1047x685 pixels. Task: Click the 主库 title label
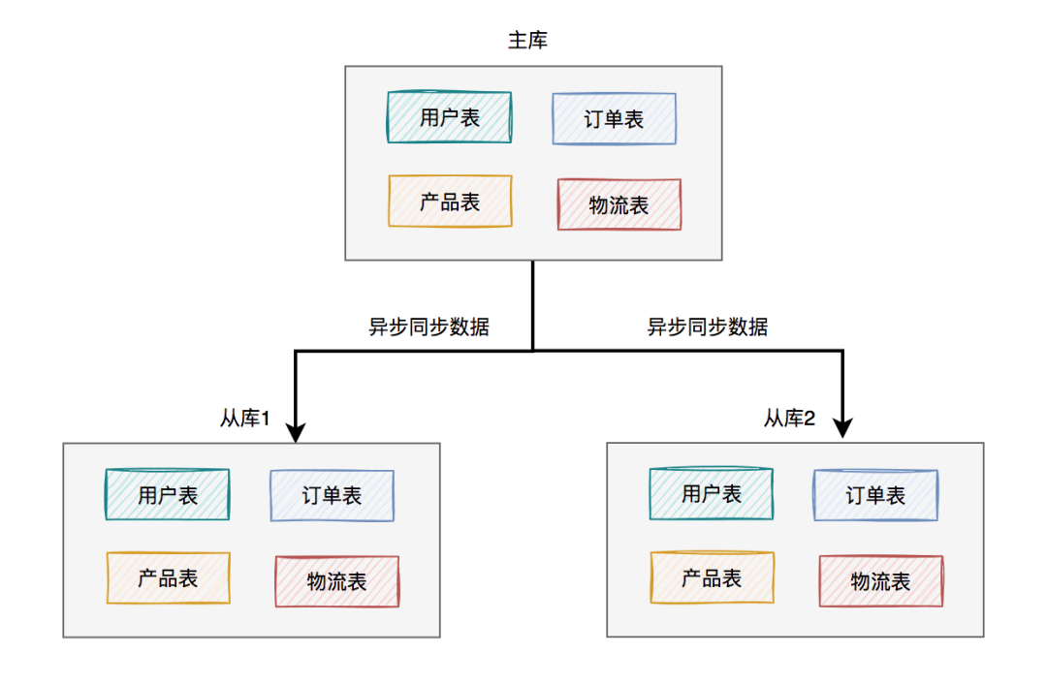click(x=529, y=41)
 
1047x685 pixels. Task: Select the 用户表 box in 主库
click(x=449, y=117)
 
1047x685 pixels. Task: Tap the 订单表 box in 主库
click(x=614, y=119)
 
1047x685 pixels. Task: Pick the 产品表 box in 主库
click(x=449, y=202)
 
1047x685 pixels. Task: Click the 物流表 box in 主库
click(x=619, y=204)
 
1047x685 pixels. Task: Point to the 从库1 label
click(x=244, y=419)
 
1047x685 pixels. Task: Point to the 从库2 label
click(x=789, y=419)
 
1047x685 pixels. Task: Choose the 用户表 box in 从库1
click(x=168, y=495)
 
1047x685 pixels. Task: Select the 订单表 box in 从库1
click(x=332, y=496)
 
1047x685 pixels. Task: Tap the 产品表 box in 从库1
click(x=168, y=578)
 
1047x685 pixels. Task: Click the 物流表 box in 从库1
click(x=336, y=581)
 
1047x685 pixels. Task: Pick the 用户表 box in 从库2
click(x=712, y=494)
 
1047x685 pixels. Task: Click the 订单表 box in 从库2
click(x=875, y=496)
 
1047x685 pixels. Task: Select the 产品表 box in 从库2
click(x=712, y=578)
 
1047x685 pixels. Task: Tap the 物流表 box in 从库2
click(x=880, y=581)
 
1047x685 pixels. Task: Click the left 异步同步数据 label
click(x=428, y=327)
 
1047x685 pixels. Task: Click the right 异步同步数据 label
click(x=708, y=327)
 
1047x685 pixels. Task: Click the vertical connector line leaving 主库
click(x=532, y=300)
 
